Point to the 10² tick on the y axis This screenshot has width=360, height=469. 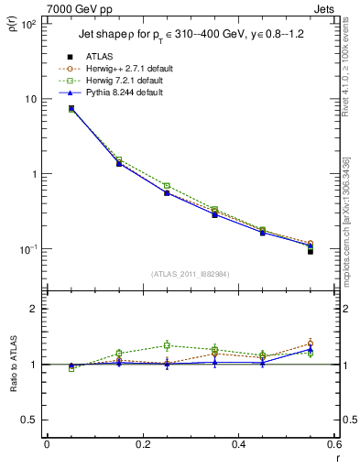coord(27,24)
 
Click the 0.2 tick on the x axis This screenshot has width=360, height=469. coord(142,445)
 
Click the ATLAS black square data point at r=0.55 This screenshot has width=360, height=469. coord(311,251)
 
